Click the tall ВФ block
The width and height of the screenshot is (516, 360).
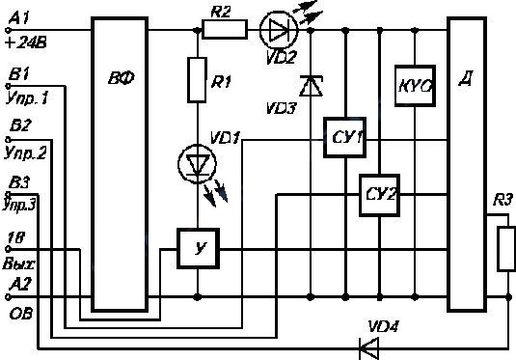pyautogui.click(x=120, y=164)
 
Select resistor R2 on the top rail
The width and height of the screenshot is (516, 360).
pyautogui.click(x=225, y=30)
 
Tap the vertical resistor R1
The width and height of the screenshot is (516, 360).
pyautogui.click(x=197, y=80)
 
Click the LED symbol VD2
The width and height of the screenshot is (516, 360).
pyautogui.click(x=279, y=30)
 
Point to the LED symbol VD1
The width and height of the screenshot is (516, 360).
pyautogui.click(x=197, y=164)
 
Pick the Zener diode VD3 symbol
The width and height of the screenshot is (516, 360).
pyautogui.click(x=311, y=86)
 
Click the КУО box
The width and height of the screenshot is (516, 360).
pyautogui.click(x=415, y=86)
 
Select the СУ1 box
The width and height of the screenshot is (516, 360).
pyautogui.click(x=344, y=137)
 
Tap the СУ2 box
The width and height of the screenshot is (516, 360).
pyautogui.click(x=379, y=195)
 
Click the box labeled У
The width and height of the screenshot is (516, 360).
pyautogui.click(x=198, y=248)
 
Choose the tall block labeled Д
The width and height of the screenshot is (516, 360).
pyautogui.click(x=467, y=164)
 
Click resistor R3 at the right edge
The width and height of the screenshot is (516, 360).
pyautogui.click(x=506, y=249)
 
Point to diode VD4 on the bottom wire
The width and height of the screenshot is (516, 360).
pyautogui.click(x=368, y=348)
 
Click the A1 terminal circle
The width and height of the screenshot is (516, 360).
pyautogui.click(x=8, y=30)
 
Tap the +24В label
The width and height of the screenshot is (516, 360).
pyautogui.click(x=26, y=42)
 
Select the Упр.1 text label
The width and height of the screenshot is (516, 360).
pyautogui.click(x=27, y=98)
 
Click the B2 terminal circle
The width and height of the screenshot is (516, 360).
pyautogui.click(x=9, y=139)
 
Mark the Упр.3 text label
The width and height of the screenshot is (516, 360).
pyautogui.click(x=19, y=204)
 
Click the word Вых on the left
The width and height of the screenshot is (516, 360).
pyautogui.click(x=18, y=263)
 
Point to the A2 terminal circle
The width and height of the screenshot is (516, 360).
pyautogui.click(x=8, y=297)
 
